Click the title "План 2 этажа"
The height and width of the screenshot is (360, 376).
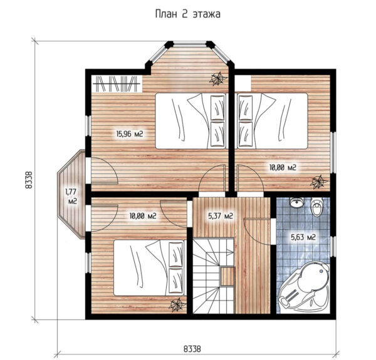188,14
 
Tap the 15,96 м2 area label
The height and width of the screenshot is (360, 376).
130,133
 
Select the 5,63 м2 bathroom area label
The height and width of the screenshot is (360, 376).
303,237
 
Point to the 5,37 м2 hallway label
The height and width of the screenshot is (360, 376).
221,216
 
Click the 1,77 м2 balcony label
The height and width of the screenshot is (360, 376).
71,197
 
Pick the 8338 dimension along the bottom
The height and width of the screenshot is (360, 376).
192,349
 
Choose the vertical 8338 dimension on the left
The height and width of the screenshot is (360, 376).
29,180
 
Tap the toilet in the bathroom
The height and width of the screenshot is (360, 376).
316,207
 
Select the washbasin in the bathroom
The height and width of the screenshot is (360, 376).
296,203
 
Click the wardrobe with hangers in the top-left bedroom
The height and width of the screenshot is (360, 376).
117,84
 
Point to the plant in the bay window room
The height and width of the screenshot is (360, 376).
217,78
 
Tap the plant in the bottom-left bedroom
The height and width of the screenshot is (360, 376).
177,306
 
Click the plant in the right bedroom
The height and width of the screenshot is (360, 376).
318,182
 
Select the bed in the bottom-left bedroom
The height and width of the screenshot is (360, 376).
150,267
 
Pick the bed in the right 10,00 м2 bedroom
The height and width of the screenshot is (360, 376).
273,121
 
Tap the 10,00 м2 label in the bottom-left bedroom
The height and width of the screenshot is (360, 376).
143,216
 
